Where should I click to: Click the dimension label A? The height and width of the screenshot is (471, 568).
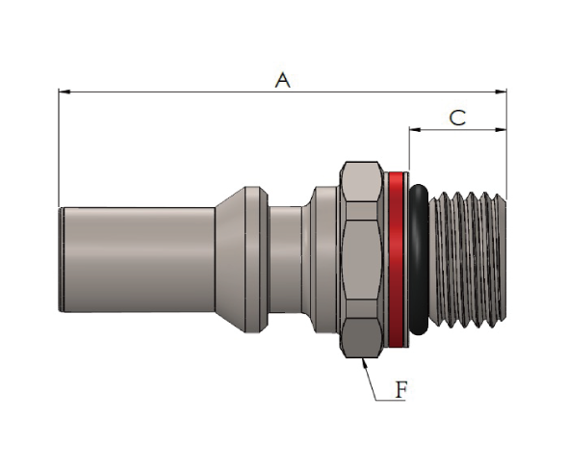coord(282,80)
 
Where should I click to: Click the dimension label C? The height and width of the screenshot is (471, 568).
coord(457,118)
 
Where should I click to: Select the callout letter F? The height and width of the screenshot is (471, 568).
coord(401,390)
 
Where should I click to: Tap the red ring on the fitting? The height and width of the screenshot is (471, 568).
coord(396,259)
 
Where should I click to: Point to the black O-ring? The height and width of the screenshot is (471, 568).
coord(420,259)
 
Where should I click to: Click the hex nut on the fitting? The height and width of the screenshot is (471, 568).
coord(361,259)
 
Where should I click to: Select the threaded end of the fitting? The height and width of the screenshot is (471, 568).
coord(468,259)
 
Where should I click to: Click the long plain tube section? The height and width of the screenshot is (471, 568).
coord(138,259)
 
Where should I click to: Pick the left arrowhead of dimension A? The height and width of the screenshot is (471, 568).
coord(65,92)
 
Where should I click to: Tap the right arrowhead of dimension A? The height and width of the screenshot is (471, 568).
coord(501,92)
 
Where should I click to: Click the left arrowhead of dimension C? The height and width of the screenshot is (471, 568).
coord(415,129)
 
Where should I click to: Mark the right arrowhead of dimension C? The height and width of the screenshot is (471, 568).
coord(501,129)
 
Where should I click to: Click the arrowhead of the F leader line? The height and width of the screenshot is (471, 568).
coord(365,363)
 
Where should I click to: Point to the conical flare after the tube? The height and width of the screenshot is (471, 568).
coord(230,259)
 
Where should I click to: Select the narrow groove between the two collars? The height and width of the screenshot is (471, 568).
coord(286,259)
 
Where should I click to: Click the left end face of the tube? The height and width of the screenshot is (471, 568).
coord(61,259)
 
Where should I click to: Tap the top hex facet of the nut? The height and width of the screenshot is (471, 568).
coord(362,181)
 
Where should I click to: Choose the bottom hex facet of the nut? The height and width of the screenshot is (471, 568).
coord(362,338)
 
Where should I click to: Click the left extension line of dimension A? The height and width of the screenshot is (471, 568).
coord(59,147)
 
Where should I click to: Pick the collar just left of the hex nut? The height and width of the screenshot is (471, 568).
coord(326,259)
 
